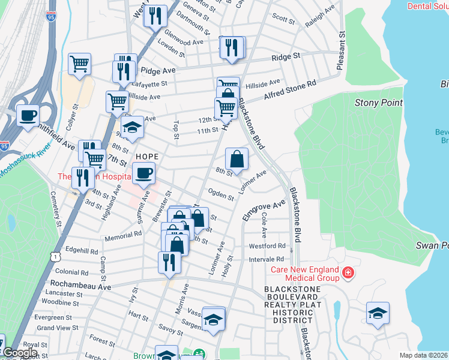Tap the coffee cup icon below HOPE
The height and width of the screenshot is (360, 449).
pos(143,174)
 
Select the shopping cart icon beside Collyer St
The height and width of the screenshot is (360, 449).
pos(79,64)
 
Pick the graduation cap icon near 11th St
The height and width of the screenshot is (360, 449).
pos(132,128)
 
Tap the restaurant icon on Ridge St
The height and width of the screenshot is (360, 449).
pos(232,48)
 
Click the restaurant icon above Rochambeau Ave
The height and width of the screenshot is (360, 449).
pos(169,263)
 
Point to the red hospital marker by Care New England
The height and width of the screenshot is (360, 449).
pos(347,274)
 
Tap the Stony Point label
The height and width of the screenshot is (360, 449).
pos(379,103)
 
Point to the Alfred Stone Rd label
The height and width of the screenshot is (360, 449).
pos(290,91)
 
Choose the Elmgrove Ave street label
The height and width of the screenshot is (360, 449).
pos(264,211)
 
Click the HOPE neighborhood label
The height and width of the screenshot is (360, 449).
pos(147,156)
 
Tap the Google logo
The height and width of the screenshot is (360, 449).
pos(20,353)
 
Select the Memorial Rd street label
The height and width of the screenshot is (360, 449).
pos(122,236)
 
